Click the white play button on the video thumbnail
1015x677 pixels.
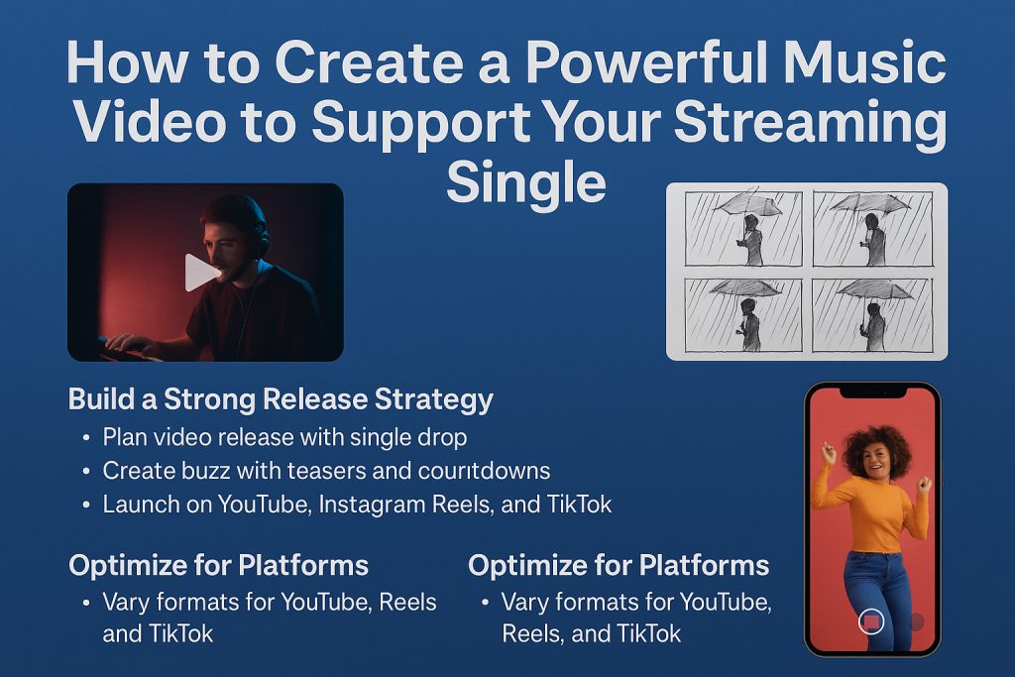click(200, 273)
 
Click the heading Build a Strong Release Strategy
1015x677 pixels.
click(281, 400)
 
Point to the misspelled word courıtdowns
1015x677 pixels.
click(484, 471)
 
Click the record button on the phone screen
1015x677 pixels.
click(871, 621)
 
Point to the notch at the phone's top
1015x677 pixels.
click(872, 392)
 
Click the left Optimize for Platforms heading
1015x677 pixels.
click(219, 566)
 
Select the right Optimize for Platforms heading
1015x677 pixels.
click(619, 566)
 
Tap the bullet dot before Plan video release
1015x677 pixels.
click(86, 438)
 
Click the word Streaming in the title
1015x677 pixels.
click(811, 123)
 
